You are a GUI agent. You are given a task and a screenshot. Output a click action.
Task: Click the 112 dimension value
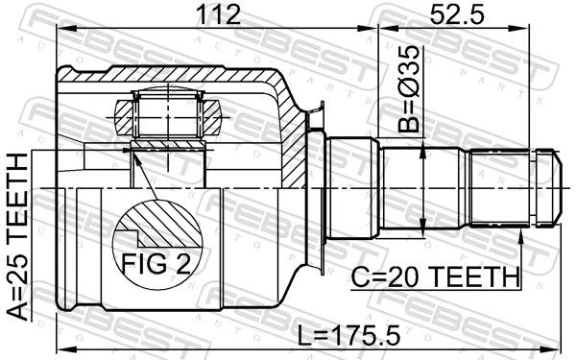coord(219,14)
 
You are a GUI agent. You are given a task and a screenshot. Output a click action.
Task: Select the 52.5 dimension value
coord(457,14)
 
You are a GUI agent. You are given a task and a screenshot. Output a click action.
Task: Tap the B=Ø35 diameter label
coord(409,89)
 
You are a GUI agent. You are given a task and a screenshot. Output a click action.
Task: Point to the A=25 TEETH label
coord(17,236)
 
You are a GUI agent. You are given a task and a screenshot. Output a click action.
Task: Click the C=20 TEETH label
coord(436,277)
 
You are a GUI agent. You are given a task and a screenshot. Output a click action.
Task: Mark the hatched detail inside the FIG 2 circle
coord(161,224)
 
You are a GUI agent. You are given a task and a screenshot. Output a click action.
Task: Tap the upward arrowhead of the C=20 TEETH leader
coord(521,235)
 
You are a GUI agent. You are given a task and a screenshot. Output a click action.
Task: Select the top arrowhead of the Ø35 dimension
coord(422,148)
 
